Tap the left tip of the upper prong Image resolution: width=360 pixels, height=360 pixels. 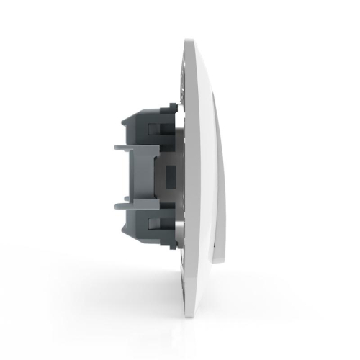tap(115, 146)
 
